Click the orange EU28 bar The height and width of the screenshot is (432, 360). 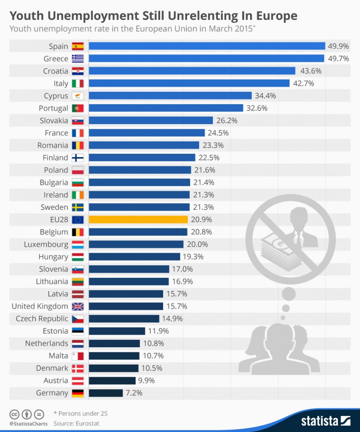click(x=138, y=219)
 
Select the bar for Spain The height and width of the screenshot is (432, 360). click(x=207, y=46)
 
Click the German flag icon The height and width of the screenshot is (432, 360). click(x=78, y=393)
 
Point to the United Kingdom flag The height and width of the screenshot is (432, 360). click(x=78, y=306)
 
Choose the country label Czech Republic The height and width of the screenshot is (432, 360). click(x=42, y=318)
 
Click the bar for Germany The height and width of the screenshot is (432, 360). click(x=106, y=393)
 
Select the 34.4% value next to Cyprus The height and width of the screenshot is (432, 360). click(x=265, y=96)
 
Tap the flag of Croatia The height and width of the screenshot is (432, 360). click(x=78, y=71)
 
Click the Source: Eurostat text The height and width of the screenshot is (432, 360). click(x=76, y=423)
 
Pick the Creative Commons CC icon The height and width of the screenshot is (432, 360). click(x=14, y=414)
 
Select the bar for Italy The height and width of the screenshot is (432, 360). click(x=189, y=83)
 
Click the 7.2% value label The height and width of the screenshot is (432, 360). click(x=134, y=393)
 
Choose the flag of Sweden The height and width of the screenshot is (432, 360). click(x=78, y=207)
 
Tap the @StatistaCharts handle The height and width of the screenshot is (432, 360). click(x=27, y=423)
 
